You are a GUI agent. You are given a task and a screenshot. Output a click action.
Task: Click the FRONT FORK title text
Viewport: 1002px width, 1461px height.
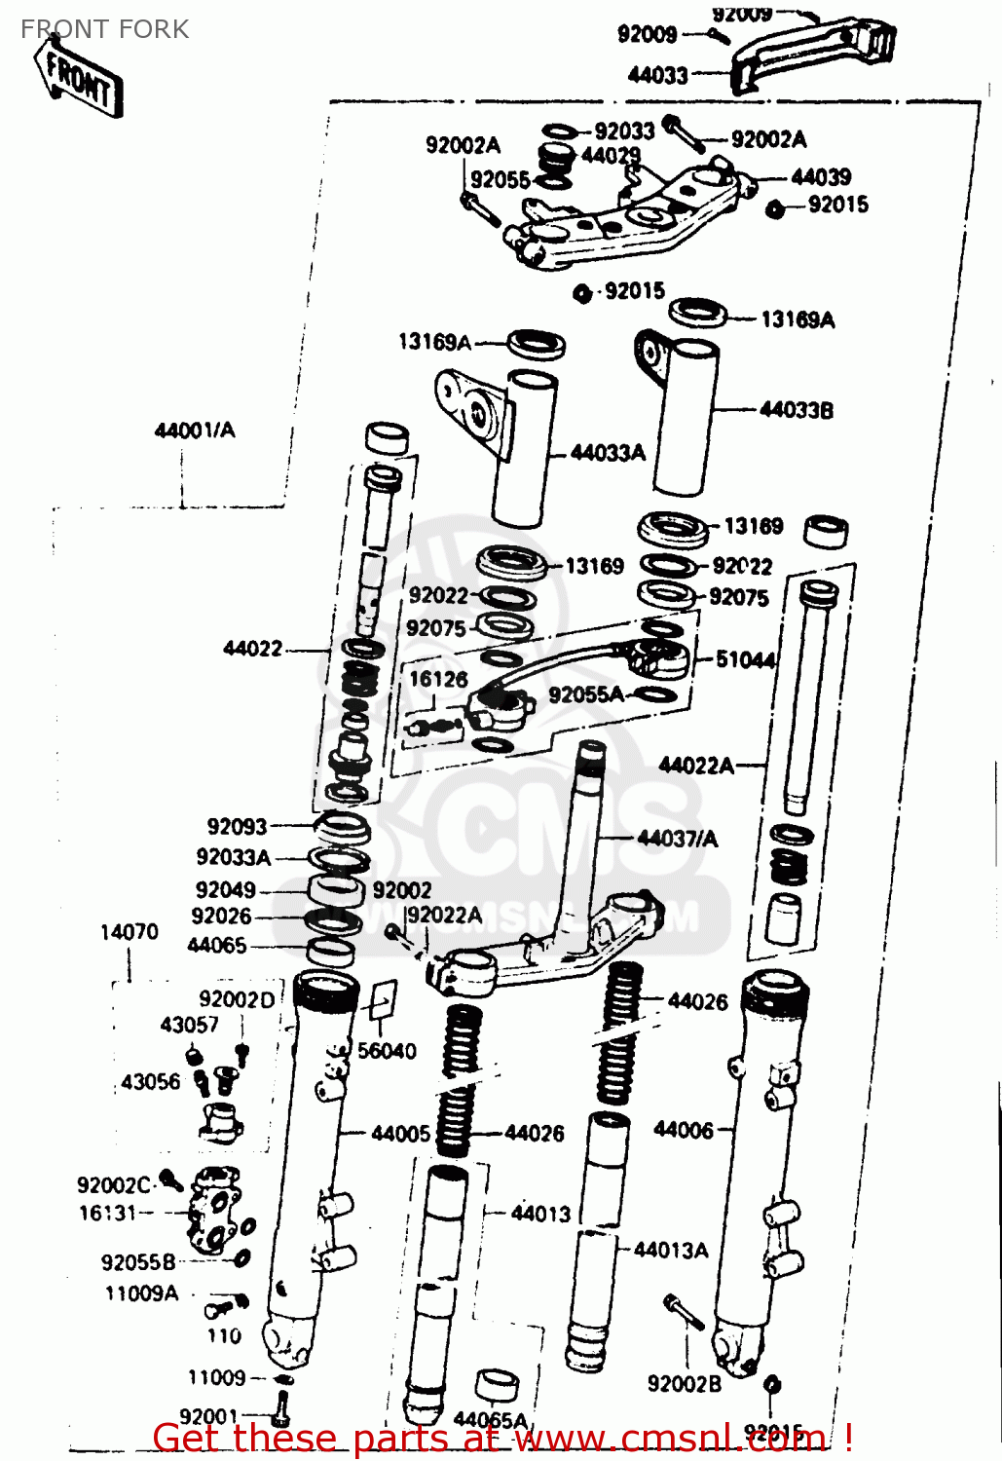[105, 29]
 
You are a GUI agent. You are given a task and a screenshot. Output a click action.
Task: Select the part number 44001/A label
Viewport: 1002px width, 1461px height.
[195, 430]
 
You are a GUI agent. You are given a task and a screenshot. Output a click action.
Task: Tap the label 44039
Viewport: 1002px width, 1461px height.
[821, 176]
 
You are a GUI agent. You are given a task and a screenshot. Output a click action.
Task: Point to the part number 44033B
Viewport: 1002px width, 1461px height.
[796, 410]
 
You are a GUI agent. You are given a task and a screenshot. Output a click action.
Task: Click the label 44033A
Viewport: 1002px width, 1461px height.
[608, 452]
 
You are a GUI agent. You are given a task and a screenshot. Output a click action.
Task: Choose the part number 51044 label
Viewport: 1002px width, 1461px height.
[745, 659]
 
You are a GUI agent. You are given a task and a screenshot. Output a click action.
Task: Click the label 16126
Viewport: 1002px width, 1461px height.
[438, 679]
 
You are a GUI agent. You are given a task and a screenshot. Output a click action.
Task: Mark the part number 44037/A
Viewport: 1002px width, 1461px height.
[678, 838]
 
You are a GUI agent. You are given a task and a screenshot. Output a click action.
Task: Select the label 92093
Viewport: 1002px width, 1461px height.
[237, 826]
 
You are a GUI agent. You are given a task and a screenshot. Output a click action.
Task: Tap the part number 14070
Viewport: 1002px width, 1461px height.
[129, 932]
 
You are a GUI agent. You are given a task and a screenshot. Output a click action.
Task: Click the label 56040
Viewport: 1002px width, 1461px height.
[387, 1050]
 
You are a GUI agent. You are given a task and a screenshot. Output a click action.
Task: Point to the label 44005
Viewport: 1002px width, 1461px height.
[400, 1133]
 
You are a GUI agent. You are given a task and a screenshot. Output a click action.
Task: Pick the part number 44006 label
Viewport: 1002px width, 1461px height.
[684, 1129]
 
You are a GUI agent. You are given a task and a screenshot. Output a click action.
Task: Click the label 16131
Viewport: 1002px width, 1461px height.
[108, 1213]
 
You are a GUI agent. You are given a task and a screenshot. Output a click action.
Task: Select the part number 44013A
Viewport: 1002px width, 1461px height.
[671, 1250]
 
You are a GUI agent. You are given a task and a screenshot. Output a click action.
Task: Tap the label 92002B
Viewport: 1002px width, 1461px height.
[685, 1383]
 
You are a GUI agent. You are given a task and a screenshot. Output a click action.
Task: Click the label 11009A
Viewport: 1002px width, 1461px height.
[142, 1293]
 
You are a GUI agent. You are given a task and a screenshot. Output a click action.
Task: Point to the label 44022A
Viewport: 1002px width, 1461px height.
[696, 766]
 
